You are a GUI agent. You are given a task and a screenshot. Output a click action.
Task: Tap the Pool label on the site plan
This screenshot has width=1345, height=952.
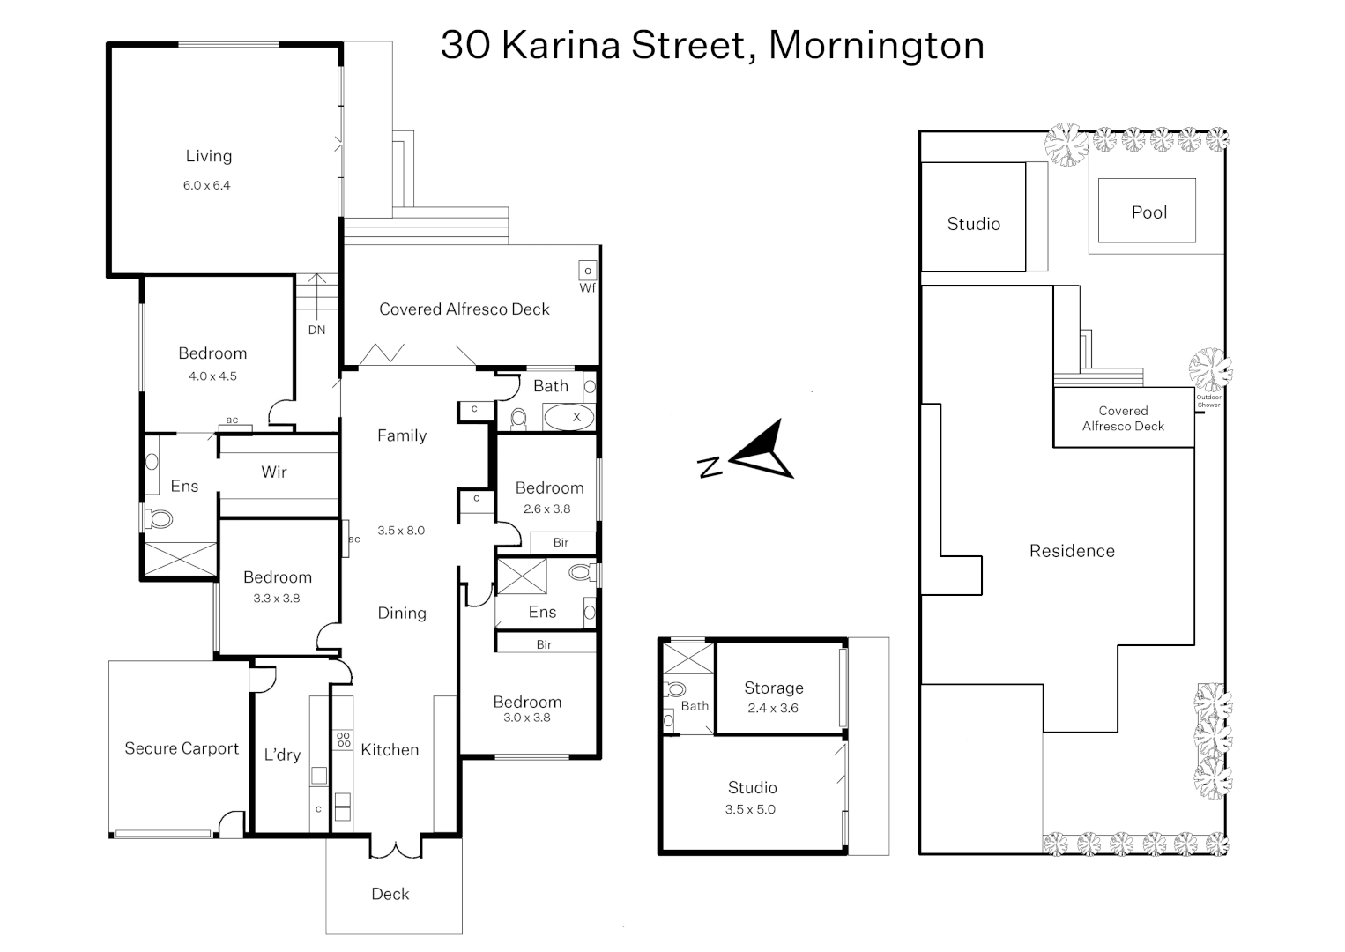click(x=1148, y=212)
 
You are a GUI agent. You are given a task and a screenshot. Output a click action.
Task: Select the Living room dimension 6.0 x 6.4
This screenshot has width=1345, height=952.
click(x=207, y=186)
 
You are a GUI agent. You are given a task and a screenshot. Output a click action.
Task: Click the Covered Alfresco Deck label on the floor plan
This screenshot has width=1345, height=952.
click(x=464, y=309)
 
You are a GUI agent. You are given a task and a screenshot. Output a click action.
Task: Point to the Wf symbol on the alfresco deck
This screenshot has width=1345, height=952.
click(x=588, y=287)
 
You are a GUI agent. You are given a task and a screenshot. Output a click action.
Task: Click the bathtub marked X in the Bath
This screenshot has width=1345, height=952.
click(x=569, y=417)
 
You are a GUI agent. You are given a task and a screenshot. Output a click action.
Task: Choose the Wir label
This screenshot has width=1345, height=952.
click(x=274, y=472)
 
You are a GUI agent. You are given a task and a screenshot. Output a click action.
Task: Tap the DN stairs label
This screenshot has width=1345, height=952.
click(x=316, y=330)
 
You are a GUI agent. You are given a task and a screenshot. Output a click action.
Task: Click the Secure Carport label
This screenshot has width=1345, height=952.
click(x=182, y=748)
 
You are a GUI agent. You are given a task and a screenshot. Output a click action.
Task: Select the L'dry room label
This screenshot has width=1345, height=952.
click(x=282, y=755)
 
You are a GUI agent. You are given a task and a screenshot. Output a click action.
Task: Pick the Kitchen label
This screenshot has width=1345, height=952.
click(x=390, y=750)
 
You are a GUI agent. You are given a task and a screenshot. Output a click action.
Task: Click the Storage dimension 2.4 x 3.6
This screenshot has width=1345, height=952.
click(x=773, y=708)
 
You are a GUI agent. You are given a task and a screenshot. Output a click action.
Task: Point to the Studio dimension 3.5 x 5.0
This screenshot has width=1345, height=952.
click(x=751, y=809)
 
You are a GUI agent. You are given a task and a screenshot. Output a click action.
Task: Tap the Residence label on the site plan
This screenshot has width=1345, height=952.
click(x=1072, y=551)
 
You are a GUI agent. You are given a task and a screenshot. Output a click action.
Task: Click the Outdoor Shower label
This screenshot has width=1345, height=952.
click(x=1209, y=401)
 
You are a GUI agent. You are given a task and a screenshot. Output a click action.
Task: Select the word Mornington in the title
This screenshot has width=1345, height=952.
click(x=876, y=45)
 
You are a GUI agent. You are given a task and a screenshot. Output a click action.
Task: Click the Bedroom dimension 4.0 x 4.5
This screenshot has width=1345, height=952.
click(x=212, y=376)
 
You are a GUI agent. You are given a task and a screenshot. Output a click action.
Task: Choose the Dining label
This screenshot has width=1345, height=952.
click(x=402, y=614)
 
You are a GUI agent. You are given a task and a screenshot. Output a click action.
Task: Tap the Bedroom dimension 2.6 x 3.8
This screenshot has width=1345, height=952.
click(x=546, y=509)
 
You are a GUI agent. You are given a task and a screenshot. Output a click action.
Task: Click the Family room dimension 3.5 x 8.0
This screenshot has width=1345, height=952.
click(x=401, y=531)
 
